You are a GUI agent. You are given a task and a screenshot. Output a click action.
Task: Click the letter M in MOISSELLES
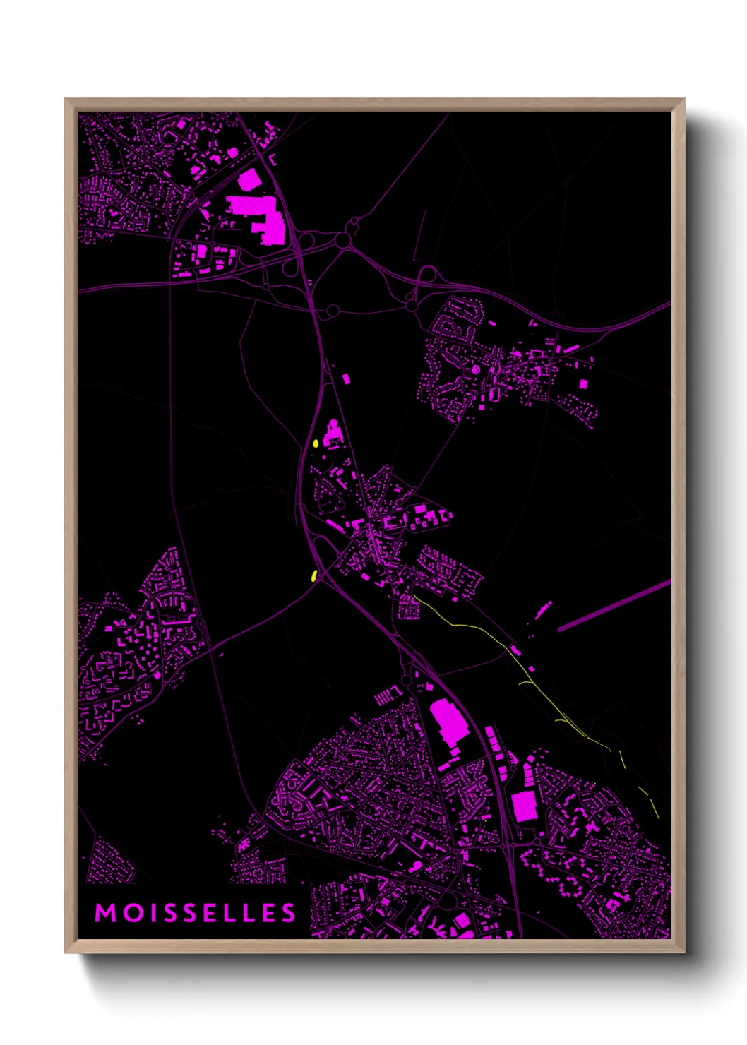click(106, 913)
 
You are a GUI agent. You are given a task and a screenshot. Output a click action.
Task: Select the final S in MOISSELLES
click(288, 913)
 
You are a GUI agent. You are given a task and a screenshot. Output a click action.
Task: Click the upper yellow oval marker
click(316, 443)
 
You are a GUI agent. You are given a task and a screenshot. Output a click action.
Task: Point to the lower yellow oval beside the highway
click(313, 575)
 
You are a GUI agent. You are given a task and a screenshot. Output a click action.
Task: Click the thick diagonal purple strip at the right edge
click(614, 605)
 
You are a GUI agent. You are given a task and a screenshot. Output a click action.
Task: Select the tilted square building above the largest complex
click(249, 181)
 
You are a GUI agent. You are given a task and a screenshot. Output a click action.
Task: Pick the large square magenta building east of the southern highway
click(523, 806)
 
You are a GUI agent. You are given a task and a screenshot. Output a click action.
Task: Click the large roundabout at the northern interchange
click(343, 241)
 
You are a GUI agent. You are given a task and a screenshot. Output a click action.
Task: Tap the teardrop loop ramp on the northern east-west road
click(427, 275)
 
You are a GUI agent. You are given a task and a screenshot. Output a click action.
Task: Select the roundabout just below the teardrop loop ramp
click(412, 305)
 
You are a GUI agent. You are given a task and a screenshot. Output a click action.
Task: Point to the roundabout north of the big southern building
click(406, 680)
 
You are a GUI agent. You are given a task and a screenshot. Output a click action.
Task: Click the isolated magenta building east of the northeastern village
click(583, 383)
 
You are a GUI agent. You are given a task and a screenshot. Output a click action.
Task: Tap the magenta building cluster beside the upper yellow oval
click(332, 434)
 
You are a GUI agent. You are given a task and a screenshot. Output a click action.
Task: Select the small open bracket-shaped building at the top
click(273, 160)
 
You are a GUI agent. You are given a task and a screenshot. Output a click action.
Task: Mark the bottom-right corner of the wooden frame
click(683, 952)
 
